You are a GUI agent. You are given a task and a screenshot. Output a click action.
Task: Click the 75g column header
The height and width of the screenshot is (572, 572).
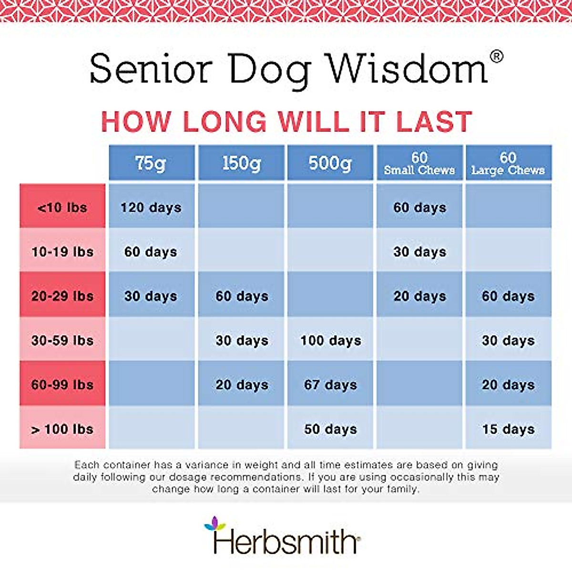(151, 163)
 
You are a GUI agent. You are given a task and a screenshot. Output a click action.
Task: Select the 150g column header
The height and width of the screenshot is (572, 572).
(242, 163)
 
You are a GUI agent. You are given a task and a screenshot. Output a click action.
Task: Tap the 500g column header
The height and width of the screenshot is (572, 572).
(330, 163)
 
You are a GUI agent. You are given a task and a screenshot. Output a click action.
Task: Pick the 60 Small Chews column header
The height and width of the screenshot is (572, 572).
(419, 163)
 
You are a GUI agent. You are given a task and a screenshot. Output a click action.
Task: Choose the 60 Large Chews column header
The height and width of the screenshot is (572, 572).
(508, 163)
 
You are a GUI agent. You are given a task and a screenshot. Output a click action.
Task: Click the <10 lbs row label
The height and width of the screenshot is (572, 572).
(62, 207)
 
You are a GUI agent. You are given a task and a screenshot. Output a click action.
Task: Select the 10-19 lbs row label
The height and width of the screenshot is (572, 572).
(62, 252)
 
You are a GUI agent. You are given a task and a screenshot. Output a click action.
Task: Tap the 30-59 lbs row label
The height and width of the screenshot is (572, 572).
(62, 340)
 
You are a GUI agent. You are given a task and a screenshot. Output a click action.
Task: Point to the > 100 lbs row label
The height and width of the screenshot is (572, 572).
(62, 429)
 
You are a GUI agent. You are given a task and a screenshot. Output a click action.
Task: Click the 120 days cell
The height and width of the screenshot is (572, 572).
(151, 207)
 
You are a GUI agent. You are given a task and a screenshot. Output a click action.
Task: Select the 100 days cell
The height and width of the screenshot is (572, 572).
(330, 340)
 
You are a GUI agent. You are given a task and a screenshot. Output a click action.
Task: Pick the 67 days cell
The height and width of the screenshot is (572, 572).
(330, 385)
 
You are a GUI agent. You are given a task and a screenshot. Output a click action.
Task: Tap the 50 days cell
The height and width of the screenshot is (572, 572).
(330, 429)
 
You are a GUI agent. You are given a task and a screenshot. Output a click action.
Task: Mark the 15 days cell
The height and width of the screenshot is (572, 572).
(508, 429)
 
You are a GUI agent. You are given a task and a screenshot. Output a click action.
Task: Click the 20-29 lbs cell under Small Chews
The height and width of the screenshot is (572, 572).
(419, 296)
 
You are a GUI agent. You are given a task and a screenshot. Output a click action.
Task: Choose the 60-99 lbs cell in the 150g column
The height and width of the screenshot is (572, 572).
(242, 385)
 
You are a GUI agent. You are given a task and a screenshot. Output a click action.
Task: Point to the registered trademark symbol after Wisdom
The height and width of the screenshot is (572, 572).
(496, 57)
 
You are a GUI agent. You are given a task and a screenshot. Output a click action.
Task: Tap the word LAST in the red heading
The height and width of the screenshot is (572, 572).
(434, 122)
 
